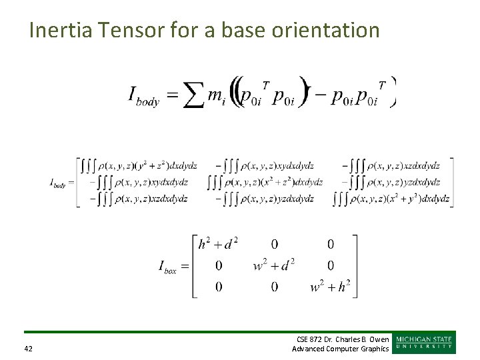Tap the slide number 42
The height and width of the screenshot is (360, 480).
(x=29, y=349)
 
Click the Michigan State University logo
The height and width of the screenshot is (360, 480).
(x=425, y=343)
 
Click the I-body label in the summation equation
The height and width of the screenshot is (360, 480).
(x=143, y=97)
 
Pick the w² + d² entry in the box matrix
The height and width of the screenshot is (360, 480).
(x=274, y=265)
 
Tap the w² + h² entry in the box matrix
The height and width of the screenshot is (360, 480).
(x=330, y=287)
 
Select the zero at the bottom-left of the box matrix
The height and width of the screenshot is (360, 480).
(x=218, y=287)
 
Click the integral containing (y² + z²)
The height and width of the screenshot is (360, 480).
(x=138, y=165)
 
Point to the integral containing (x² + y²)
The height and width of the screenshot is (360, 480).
(x=392, y=198)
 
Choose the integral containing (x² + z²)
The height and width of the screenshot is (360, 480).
(x=265, y=182)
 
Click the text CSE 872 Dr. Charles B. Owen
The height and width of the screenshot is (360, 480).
(x=343, y=339)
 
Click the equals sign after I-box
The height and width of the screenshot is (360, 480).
(x=185, y=266)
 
